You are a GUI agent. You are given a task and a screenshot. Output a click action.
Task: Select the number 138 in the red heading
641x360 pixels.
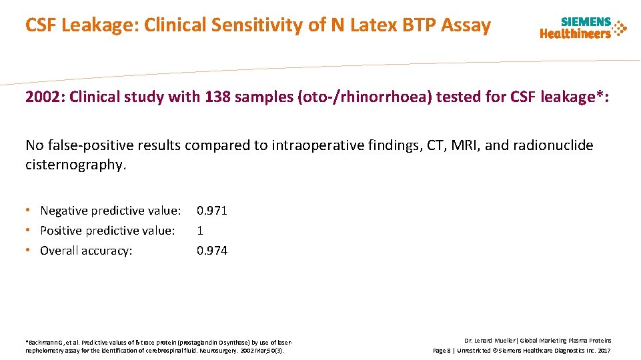point(217,97)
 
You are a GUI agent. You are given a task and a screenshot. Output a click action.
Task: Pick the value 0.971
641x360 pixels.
point(211,211)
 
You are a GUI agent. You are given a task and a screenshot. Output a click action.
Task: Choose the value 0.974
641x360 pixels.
point(211,251)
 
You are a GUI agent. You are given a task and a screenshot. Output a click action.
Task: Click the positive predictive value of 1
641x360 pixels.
point(199,231)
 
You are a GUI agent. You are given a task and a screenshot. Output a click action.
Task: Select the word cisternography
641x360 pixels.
point(75,164)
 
